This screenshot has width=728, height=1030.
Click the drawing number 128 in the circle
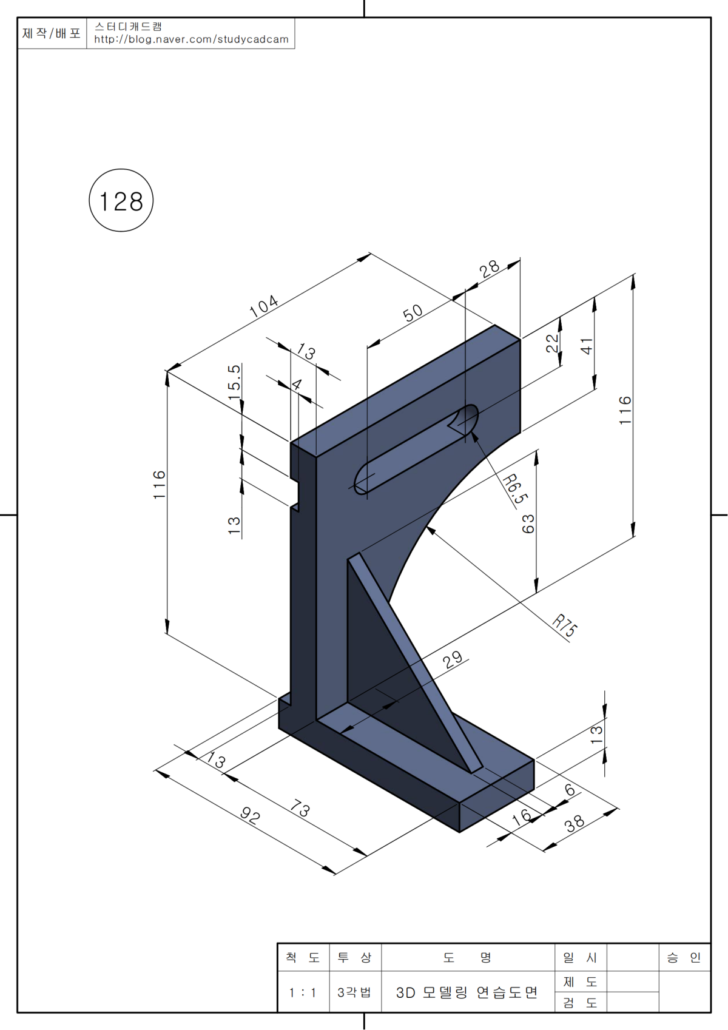click(x=121, y=201)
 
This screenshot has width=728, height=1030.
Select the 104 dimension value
click(x=264, y=306)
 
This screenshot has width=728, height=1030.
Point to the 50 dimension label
click(x=413, y=313)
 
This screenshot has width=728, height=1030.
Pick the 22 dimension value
click(x=552, y=343)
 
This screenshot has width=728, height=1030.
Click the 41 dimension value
click(x=587, y=346)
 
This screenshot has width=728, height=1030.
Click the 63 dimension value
click(x=528, y=523)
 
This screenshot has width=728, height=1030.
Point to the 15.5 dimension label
click(x=234, y=381)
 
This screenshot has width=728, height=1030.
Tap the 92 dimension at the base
click(x=250, y=815)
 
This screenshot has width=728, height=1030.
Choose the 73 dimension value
click(x=300, y=809)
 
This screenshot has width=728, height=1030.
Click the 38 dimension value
click(x=575, y=823)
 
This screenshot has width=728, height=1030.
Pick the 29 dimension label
click(x=453, y=659)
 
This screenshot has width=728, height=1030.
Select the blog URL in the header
click(x=191, y=39)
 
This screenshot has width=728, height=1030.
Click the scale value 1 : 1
click(x=303, y=993)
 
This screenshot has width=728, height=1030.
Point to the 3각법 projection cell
click(x=354, y=993)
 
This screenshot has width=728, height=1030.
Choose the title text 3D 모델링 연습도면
click(x=467, y=993)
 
